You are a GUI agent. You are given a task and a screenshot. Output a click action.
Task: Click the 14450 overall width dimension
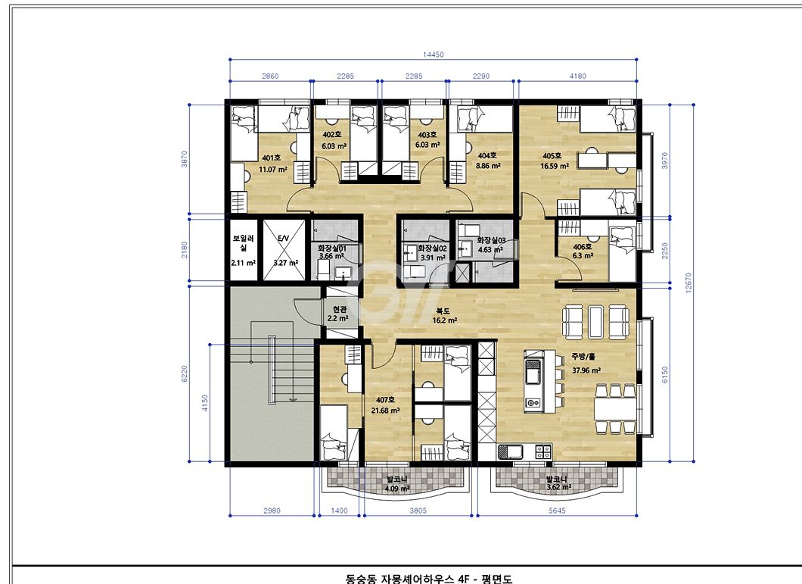click(x=434, y=55)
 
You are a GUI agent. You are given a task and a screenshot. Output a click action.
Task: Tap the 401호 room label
click(x=271, y=158)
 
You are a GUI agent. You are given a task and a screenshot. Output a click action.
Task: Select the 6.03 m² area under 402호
click(x=334, y=146)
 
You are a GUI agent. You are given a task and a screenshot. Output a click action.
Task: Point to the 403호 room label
click(x=427, y=135)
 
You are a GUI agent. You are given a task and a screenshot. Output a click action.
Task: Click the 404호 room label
click(x=487, y=155)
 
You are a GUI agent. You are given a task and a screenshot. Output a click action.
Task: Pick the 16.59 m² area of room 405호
click(x=555, y=166)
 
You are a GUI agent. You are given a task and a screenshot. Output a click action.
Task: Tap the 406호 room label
click(x=582, y=247)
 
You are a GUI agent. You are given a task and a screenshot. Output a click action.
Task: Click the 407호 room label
click(x=385, y=400)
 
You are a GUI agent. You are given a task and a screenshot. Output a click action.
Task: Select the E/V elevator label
click(x=284, y=239)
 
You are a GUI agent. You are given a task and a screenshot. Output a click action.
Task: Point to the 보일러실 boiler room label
click(x=244, y=243)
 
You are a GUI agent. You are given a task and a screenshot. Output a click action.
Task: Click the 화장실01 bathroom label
click(x=332, y=248)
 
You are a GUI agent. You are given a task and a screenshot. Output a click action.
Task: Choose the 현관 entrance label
click(x=340, y=309)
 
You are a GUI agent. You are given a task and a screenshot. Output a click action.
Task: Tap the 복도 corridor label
click(x=443, y=311)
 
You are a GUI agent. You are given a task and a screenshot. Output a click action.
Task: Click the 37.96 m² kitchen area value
click(x=586, y=370)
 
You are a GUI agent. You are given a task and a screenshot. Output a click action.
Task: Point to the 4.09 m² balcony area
click(x=397, y=489)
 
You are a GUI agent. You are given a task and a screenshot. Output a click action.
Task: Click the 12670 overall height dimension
click(x=688, y=283)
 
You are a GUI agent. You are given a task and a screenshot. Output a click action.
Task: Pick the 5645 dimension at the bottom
click(x=557, y=511)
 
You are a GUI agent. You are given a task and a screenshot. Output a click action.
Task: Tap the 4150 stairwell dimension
click(x=204, y=403)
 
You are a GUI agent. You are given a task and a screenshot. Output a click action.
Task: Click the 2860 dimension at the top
click(x=270, y=76)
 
